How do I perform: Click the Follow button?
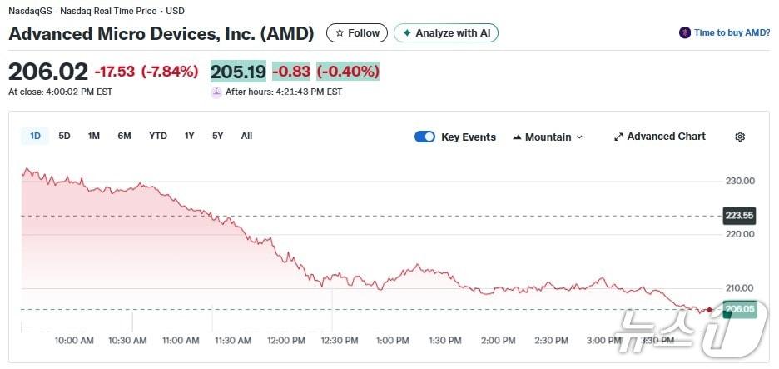(x=357, y=33)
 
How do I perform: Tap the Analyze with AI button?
(x=446, y=33)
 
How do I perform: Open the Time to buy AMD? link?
(x=725, y=33)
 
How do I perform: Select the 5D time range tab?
(x=64, y=137)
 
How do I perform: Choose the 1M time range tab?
(x=94, y=137)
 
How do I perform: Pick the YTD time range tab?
(x=158, y=137)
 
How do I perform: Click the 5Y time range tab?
(x=217, y=137)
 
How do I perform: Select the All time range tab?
(x=246, y=137)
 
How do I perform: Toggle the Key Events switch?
(x=424, y=137)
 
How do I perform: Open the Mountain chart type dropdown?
(x=548, y=137)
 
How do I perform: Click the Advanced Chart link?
(x=659, y=137)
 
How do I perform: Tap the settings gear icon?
(x=740, y=137)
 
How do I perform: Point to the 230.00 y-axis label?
(x=739, y=181)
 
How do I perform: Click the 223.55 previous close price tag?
(x=739, y=216)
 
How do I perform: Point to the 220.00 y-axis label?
(x=739, y=234)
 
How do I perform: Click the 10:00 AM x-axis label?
(x=73, y=341)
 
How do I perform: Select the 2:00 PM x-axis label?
(x=499, y=341)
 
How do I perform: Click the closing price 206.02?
(x=48, y=72)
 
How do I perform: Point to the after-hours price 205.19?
(x=238, y=72)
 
